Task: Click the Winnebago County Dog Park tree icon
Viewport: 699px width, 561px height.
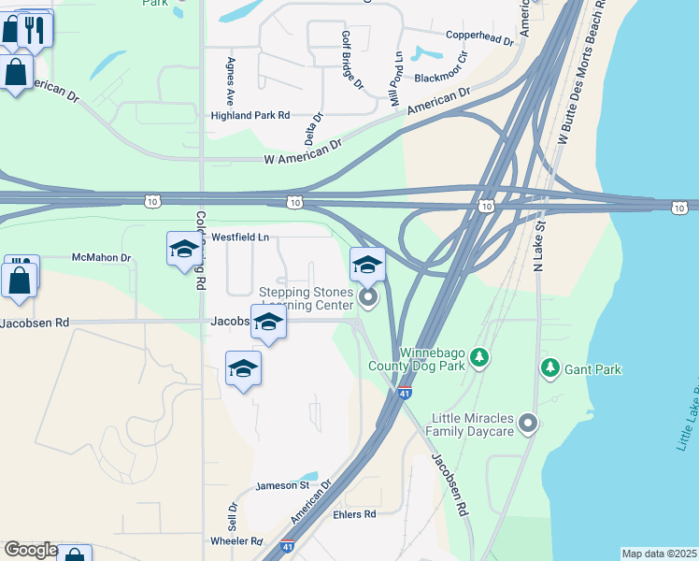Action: coord(479,356)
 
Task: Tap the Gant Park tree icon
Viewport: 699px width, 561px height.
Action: coord(550,368)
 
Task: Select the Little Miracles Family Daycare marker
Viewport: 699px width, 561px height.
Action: coord(528,424)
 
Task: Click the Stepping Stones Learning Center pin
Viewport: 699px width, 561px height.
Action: coord(367,298)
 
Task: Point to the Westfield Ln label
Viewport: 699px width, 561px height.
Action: coord(239,237)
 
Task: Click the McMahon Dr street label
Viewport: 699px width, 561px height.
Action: coord(102,257)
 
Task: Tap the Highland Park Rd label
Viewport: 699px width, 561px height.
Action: coord(250,115)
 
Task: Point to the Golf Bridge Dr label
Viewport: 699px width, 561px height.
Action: coord(351,60)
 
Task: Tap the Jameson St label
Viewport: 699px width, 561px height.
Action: coord(283,485)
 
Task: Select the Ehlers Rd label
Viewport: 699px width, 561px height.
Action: coord(354,514)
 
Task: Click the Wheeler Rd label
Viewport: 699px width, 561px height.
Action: coord(236,540)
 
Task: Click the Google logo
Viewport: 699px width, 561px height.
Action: coord(30,550)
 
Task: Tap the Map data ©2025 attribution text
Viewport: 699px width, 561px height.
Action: coord(659,554)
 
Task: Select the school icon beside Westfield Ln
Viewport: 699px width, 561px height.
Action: coord(184,249)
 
